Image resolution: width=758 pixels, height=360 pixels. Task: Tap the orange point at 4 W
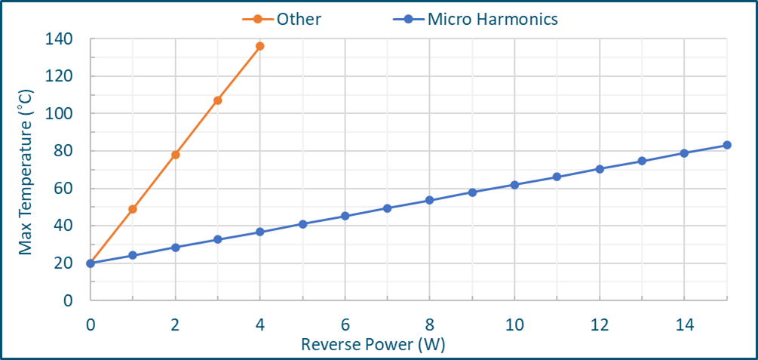pos(260,46)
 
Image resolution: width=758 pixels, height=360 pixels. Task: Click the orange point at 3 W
pos(218,100)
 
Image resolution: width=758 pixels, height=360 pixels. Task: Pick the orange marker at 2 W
pos(176,155)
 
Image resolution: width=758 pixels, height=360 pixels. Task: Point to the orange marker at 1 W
pos(133,209)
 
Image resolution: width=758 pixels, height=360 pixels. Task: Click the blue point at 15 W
pos(727,145)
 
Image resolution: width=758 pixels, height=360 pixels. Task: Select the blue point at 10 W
pos(514,185)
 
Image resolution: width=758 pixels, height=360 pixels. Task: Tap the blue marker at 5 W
pos(302,224)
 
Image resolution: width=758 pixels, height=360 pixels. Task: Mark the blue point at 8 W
pos(430,200)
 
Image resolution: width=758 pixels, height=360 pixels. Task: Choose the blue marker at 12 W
pos(600,169)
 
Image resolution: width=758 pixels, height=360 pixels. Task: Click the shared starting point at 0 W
pos(91,263)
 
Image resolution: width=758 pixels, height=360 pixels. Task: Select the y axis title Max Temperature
pos(26,170)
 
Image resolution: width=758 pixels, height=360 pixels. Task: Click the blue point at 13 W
pos(642,161)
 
